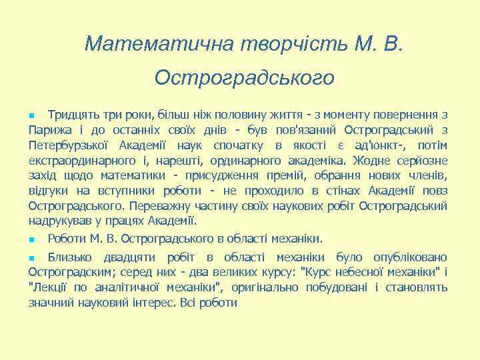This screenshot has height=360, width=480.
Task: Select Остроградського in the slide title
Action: (244, 78)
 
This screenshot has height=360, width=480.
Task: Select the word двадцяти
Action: (128, 257)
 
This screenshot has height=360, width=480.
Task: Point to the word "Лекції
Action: (49, 287)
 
